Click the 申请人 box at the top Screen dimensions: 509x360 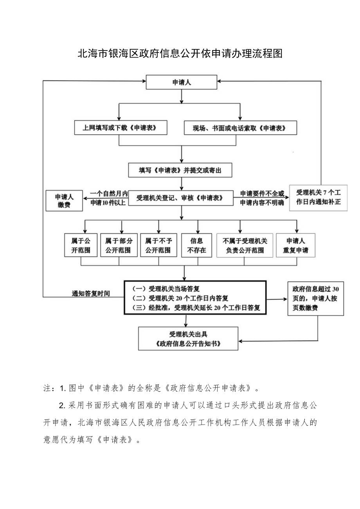(x=181, y=83)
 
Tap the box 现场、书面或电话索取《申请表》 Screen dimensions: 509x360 (x=240, y=128)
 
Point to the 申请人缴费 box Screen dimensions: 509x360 (x=64, y=201)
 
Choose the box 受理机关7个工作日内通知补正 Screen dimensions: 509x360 (x=318, y=198)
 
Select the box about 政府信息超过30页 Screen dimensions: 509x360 (x=315, y=299)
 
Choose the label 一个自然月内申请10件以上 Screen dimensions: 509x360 (x=108, y=198)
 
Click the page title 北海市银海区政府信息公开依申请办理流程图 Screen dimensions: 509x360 (x=180, y=54)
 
